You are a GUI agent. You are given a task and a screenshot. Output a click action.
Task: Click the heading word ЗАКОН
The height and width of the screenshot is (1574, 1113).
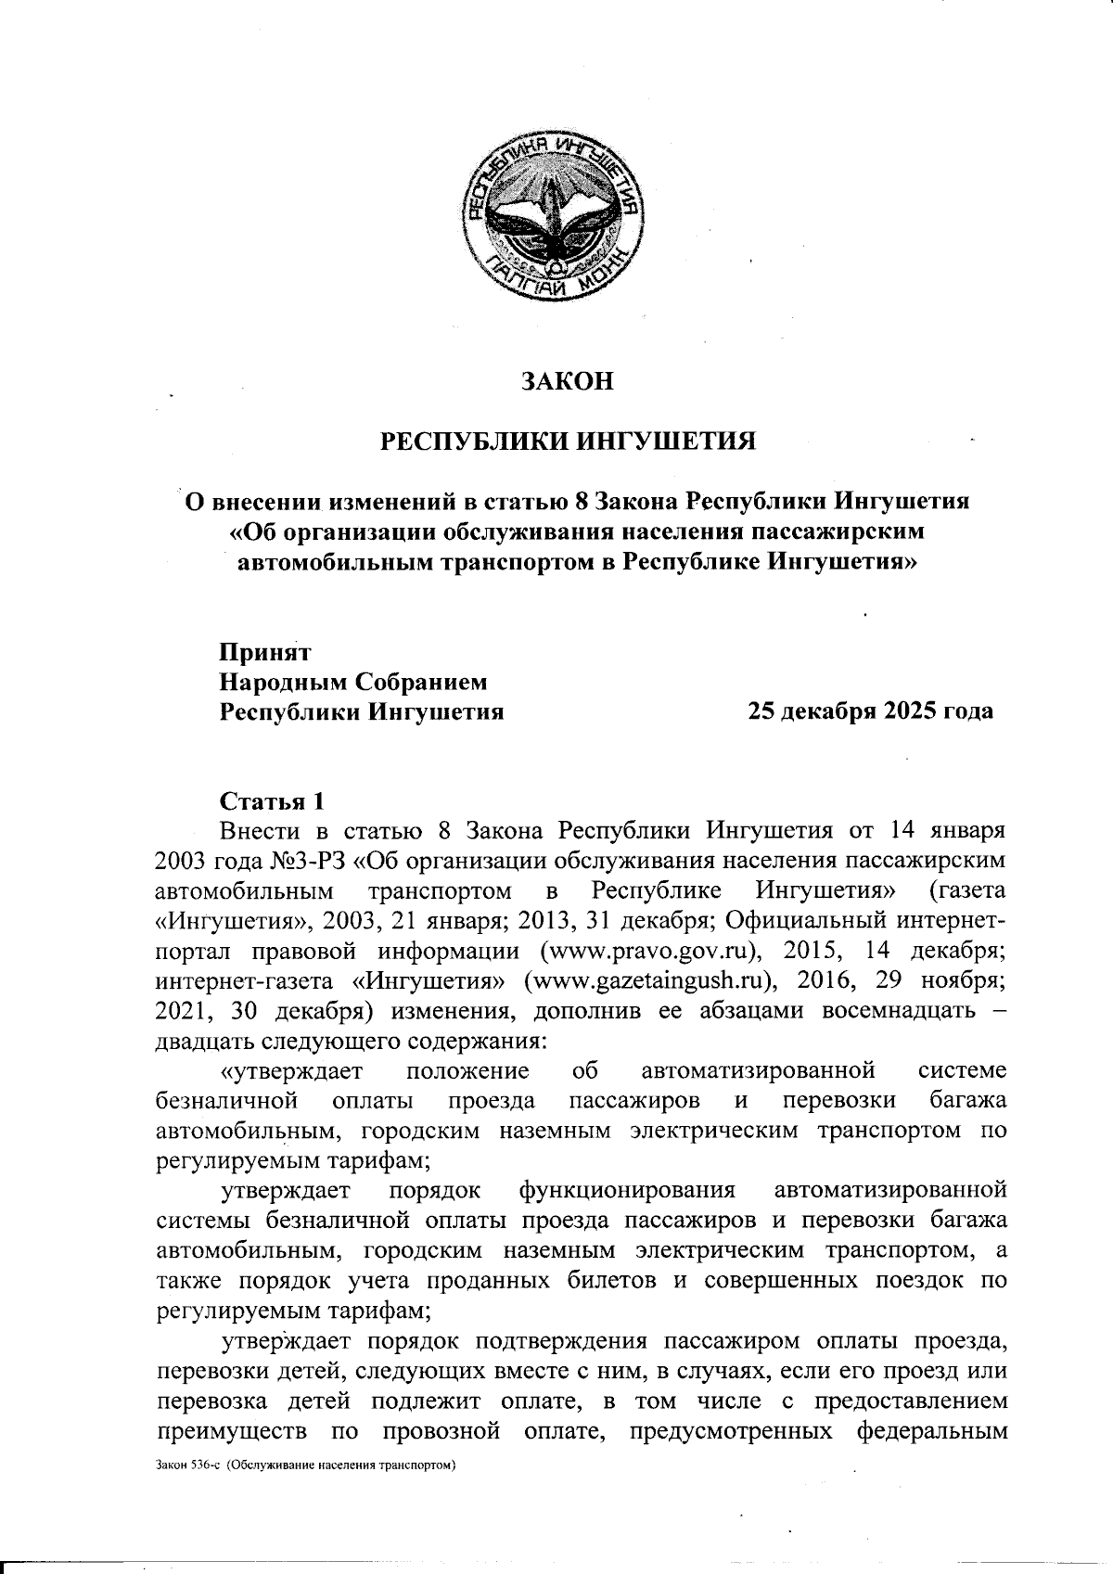568,381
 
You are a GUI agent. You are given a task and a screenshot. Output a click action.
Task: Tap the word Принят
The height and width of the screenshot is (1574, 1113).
265,652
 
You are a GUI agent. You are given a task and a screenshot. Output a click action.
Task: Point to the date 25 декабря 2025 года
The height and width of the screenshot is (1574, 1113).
871,711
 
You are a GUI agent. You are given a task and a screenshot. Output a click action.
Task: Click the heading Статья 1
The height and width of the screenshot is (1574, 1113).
273,800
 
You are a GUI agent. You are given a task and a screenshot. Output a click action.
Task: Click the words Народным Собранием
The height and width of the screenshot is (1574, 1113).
353,682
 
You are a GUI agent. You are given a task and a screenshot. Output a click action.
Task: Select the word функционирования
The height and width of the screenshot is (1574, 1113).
627,1189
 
